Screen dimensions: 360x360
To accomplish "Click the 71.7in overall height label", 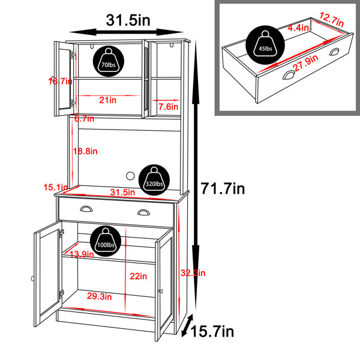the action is click(x=223, y=188).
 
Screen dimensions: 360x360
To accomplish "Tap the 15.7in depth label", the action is click(x=212, y=332).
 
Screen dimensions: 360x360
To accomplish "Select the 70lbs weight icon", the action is click(x=109, y=61).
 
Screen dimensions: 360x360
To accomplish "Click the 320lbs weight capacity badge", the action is click(x=154, y=180).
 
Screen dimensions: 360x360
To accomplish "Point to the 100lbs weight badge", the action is click(x=106, y=241).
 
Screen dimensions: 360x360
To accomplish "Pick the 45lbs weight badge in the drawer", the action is click(x=265, y=45).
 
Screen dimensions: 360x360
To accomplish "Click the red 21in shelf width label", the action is click(x=107, y=100).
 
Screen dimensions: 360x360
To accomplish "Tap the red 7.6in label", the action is click(x=168, y=107).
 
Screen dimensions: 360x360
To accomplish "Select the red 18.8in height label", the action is click(x=85, y=151).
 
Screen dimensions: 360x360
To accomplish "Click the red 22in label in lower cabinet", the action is click(x=139, y=276).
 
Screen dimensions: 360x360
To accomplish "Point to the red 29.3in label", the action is click(x=100, y=296).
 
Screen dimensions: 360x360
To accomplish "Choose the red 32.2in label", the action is click(x=193, y=273).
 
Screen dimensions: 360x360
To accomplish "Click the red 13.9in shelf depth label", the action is click(x=82, y=254).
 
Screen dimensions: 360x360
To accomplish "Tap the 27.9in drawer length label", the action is click(x=306, y=63).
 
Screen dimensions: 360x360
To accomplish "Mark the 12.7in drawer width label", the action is click(x=332, y=19).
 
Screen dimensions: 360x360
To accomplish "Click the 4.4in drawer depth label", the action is click(x=298, y=28).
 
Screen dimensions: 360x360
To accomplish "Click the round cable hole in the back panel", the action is click(x=130, y=176).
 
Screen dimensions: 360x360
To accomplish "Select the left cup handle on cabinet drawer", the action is click(x=86, y=209).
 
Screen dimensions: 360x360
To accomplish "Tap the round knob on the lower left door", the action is click(x=32, y=278).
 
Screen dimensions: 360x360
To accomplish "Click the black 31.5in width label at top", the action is click(x=128, y=20).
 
